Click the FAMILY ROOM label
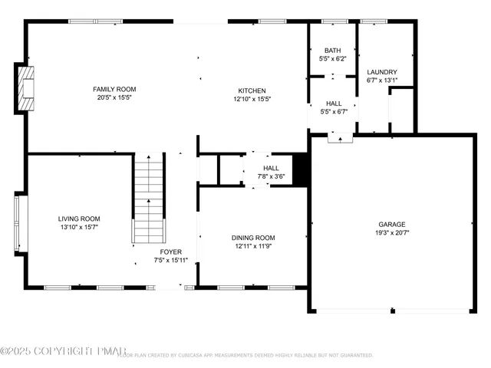coord(115,89)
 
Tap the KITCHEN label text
coord(252,89)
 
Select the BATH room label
coord(333,49)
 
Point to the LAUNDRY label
coord(382,71)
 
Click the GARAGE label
coord(392,224)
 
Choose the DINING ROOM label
coord(253,238)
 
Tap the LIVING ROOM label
coord(79,219)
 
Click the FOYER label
coord(171,251)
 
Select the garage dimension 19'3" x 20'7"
coord(392,232)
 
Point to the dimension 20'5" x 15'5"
coord(115,98)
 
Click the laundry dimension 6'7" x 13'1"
coord(382,80)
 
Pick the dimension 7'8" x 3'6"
coord(272,176)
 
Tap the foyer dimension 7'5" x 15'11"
coord(171,260)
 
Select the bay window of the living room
coord(20,222)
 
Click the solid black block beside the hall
coord(302,170)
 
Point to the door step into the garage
coord(339,138)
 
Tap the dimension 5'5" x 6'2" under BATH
coord(333,58)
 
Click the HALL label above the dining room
coord(272,168)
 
